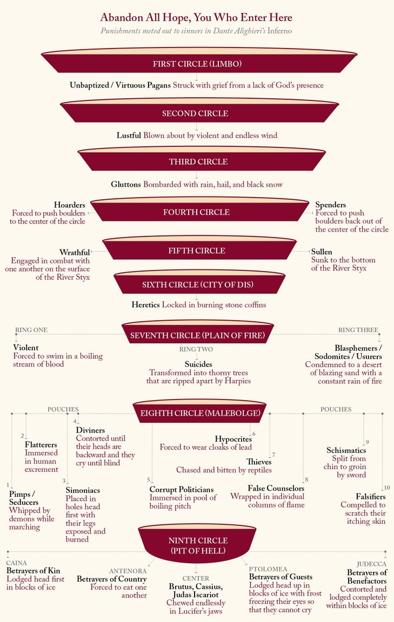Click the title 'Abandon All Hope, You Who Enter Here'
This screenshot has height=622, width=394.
point(196,18)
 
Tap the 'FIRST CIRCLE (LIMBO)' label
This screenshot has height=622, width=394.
point(197,64)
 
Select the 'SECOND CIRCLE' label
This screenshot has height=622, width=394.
point(195,113)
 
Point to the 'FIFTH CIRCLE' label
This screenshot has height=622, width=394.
point(196,251)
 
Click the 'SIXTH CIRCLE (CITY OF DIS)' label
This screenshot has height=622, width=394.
point(197,285)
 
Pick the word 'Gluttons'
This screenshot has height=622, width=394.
point(126,184)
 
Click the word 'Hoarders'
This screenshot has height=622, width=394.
point(69,205)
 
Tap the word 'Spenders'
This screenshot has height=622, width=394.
point(331,205)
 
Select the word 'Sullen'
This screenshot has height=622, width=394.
point(322,252)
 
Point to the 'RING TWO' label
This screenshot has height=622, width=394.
point(196,349)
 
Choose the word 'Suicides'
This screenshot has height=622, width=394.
point(199,364)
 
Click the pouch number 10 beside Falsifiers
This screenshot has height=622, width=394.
point(386,488)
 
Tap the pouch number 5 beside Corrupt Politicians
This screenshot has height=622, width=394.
point(149,480)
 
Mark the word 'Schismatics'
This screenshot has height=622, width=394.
point(346,450)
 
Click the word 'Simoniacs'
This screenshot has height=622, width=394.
point(83,490)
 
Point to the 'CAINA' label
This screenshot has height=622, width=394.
point(16,563)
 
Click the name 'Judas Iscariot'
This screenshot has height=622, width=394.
point(196,594)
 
